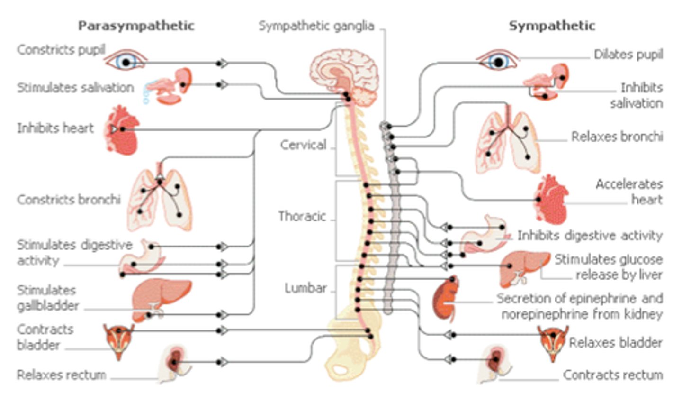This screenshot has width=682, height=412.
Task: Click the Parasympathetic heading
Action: pos(136,26)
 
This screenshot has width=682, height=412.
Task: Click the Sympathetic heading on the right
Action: pos(552,26)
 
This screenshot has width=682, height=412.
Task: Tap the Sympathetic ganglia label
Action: pos(316,26)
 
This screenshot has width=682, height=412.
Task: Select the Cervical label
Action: pos(303,145)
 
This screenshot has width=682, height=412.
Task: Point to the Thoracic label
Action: pos(302,216)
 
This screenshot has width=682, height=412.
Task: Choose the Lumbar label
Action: pos(305,288)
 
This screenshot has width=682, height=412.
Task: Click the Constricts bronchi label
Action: pos(69,200)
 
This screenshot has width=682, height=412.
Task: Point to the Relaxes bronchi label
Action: pos(617,137)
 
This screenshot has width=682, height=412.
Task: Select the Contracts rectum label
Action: pos(612,375)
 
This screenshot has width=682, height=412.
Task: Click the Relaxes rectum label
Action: pos(61,375)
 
